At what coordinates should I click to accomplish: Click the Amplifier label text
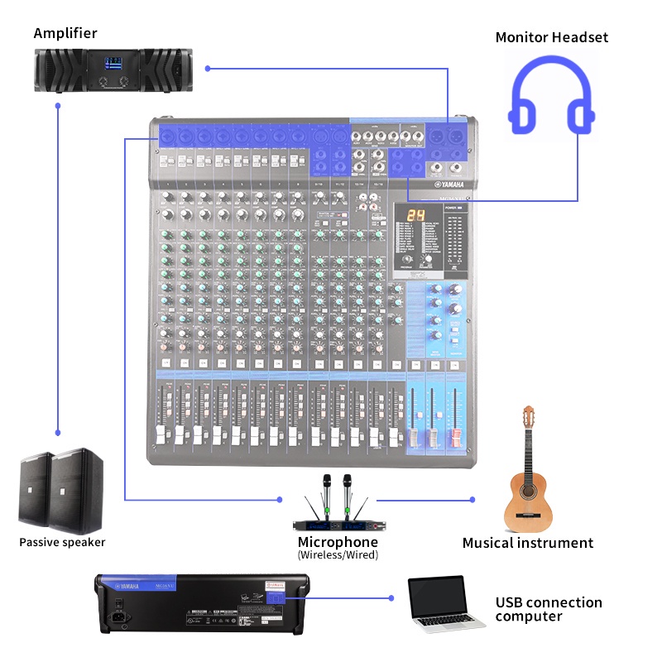[65, 34]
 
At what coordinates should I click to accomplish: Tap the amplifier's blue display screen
[113, 64]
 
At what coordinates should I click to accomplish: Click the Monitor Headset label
[551, 37]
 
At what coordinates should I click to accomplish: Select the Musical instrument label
[527, 544]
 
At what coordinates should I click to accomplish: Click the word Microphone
[338, 542]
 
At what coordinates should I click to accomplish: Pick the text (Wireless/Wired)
[338, 555]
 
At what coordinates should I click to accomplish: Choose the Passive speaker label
[62, 543]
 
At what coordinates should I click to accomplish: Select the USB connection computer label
[548, 609]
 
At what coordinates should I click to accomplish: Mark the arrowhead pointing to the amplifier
[209, 68]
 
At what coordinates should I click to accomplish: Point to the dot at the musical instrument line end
[473, 500]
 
